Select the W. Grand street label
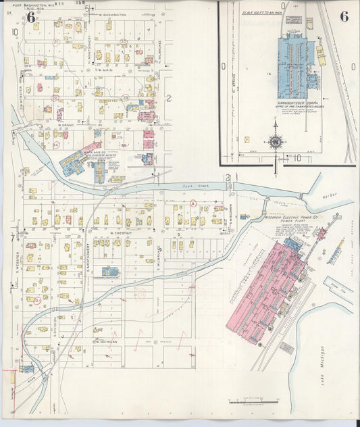(x=66, y=124)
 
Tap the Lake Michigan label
(x=323, y=365)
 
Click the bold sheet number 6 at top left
(x=30, y=18)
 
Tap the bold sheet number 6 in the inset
(x=344, y=17)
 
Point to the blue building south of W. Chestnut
(x=110, y=272)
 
